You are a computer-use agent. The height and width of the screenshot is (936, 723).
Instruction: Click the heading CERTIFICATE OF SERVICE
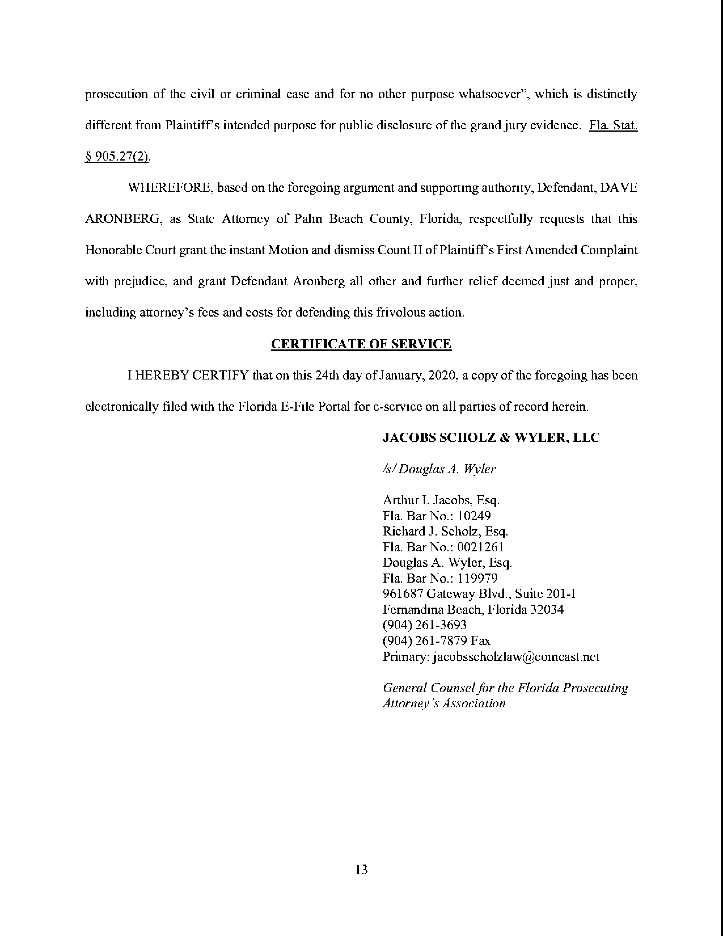[x=361, y=344]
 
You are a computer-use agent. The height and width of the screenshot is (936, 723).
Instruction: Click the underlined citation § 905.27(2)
[x=117, y=157]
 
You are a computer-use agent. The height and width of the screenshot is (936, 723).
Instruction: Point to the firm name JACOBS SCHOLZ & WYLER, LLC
[x=491, y=438]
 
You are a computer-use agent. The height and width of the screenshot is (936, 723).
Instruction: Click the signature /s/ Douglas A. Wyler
[x=439, y=469]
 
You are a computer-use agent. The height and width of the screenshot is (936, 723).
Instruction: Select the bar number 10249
[x=474, y=516]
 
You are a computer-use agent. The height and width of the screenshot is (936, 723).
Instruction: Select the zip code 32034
[x=547, y=610]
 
